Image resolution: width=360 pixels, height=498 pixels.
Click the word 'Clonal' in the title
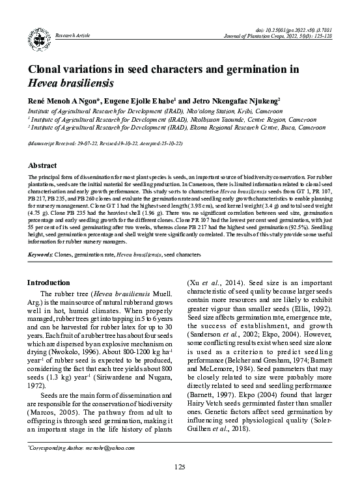[47, 70]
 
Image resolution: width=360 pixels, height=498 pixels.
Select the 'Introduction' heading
[49, 283]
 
